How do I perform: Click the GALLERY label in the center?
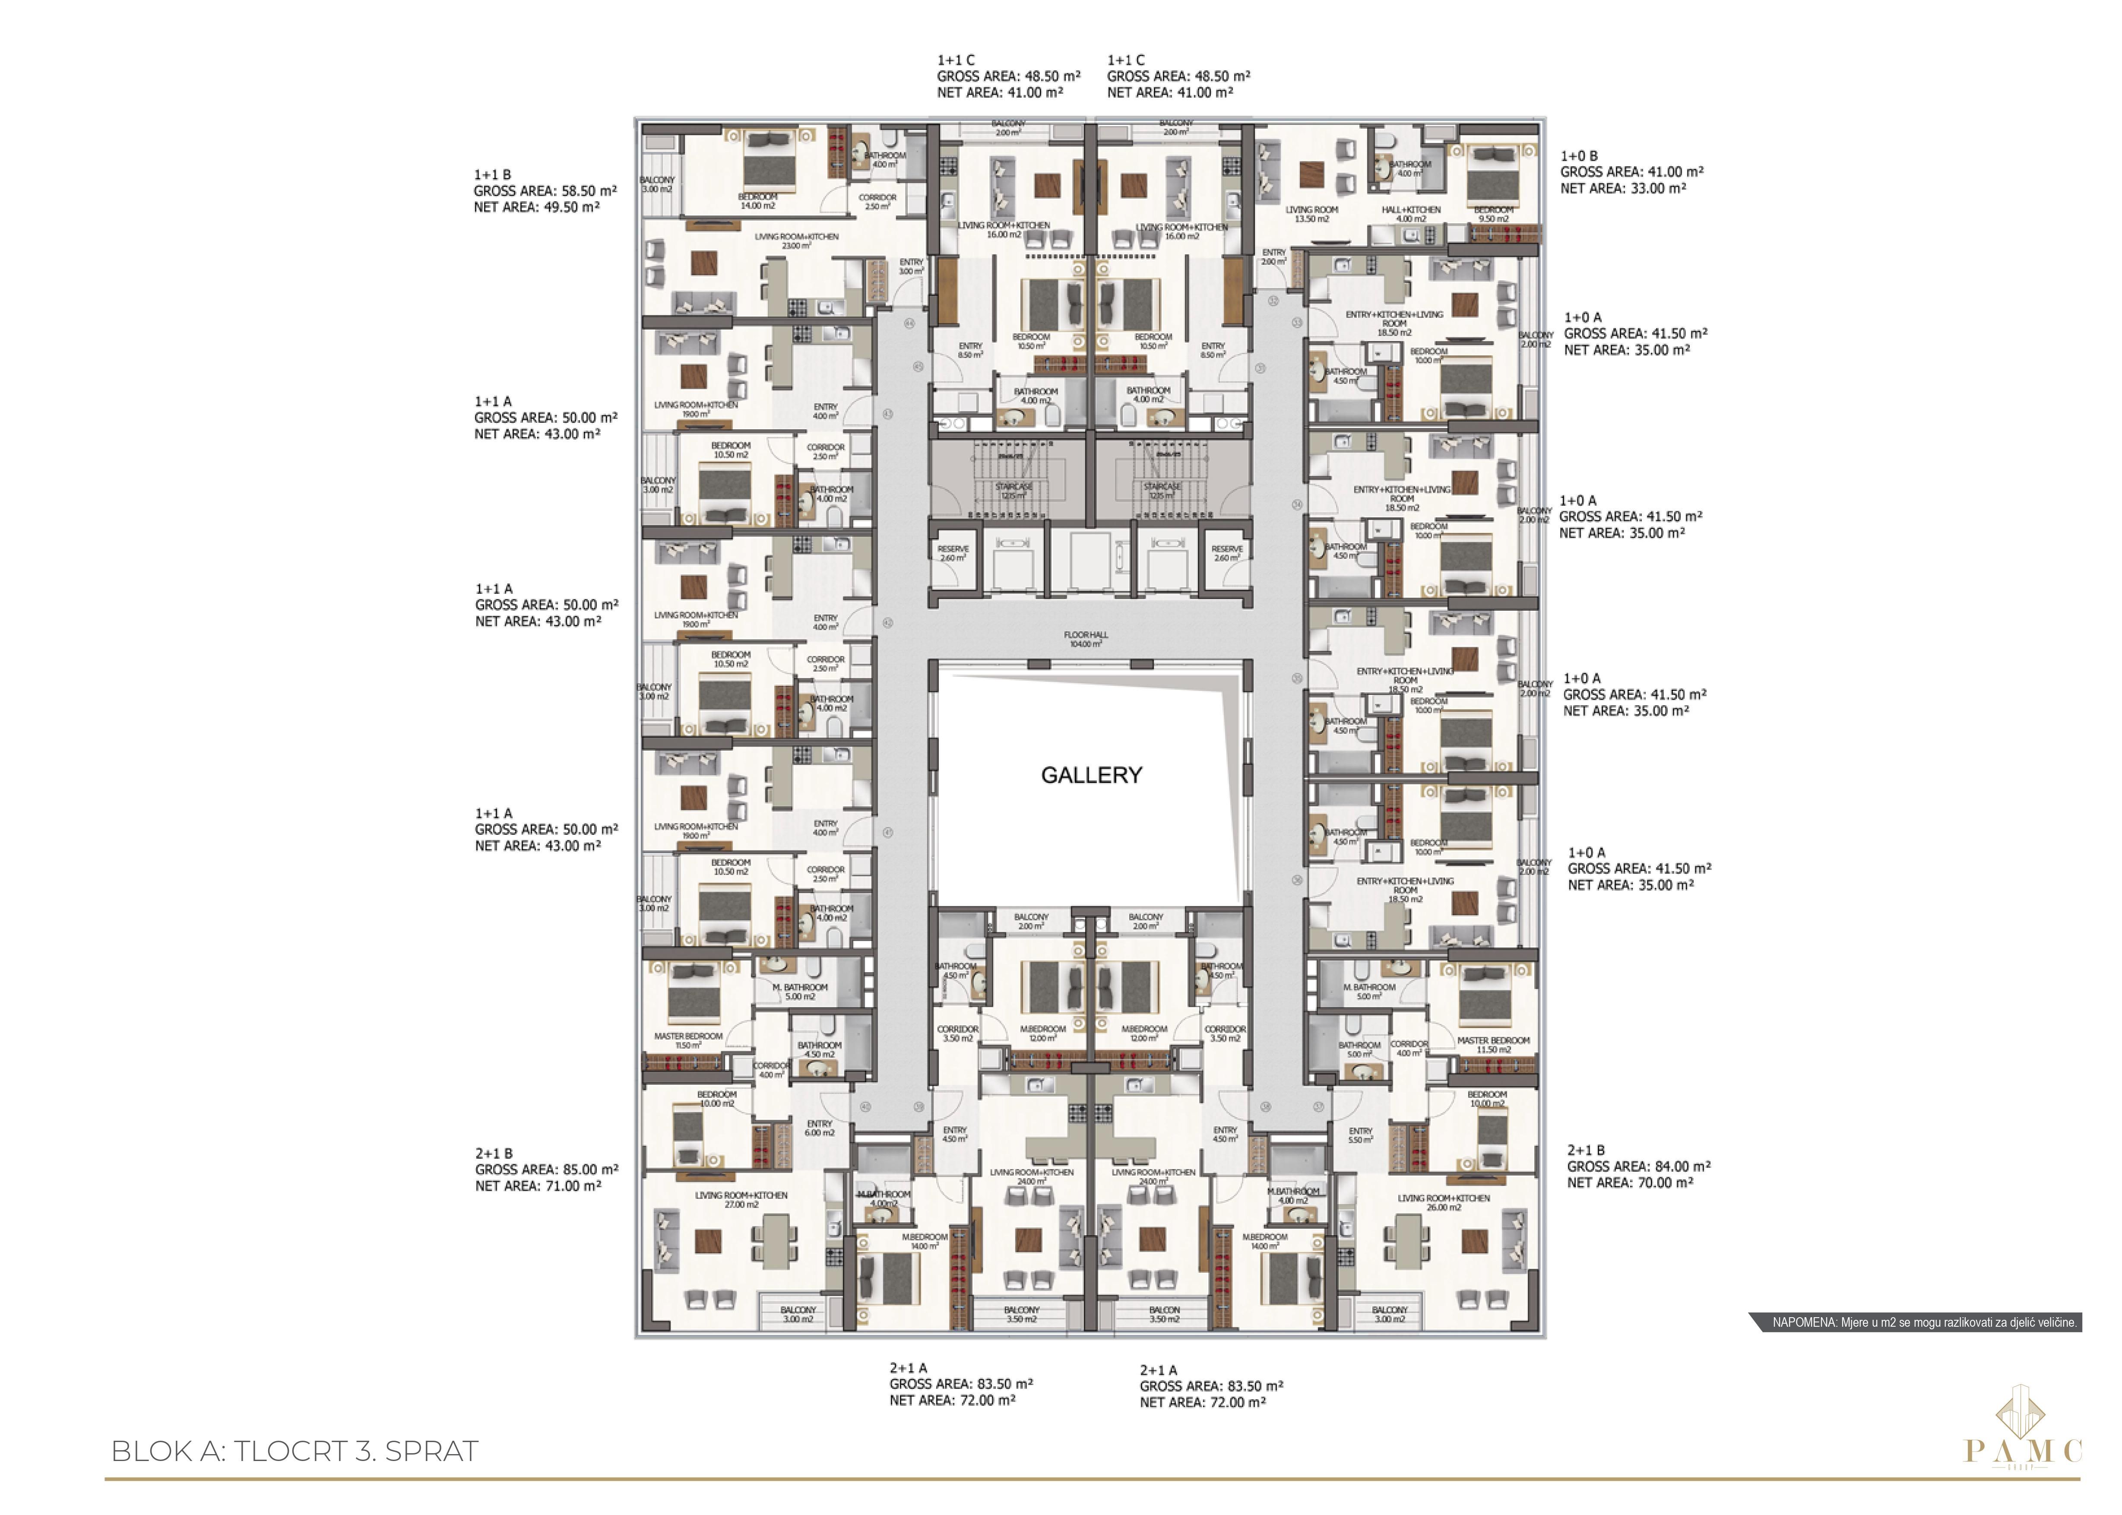click(x=1090, y=775)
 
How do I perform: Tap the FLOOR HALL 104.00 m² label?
click(x=1086, y=639)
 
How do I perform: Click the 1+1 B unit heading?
click(x=492, y=174)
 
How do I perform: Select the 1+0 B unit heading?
click(x=1579, y=156)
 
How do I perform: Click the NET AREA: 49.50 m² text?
click(x=536, y=207)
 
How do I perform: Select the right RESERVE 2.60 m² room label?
click(x=1226, y=553)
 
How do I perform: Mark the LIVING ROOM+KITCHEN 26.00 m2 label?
click(x=1443, y=1202)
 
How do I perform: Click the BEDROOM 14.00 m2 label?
click(x=757, y=200)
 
